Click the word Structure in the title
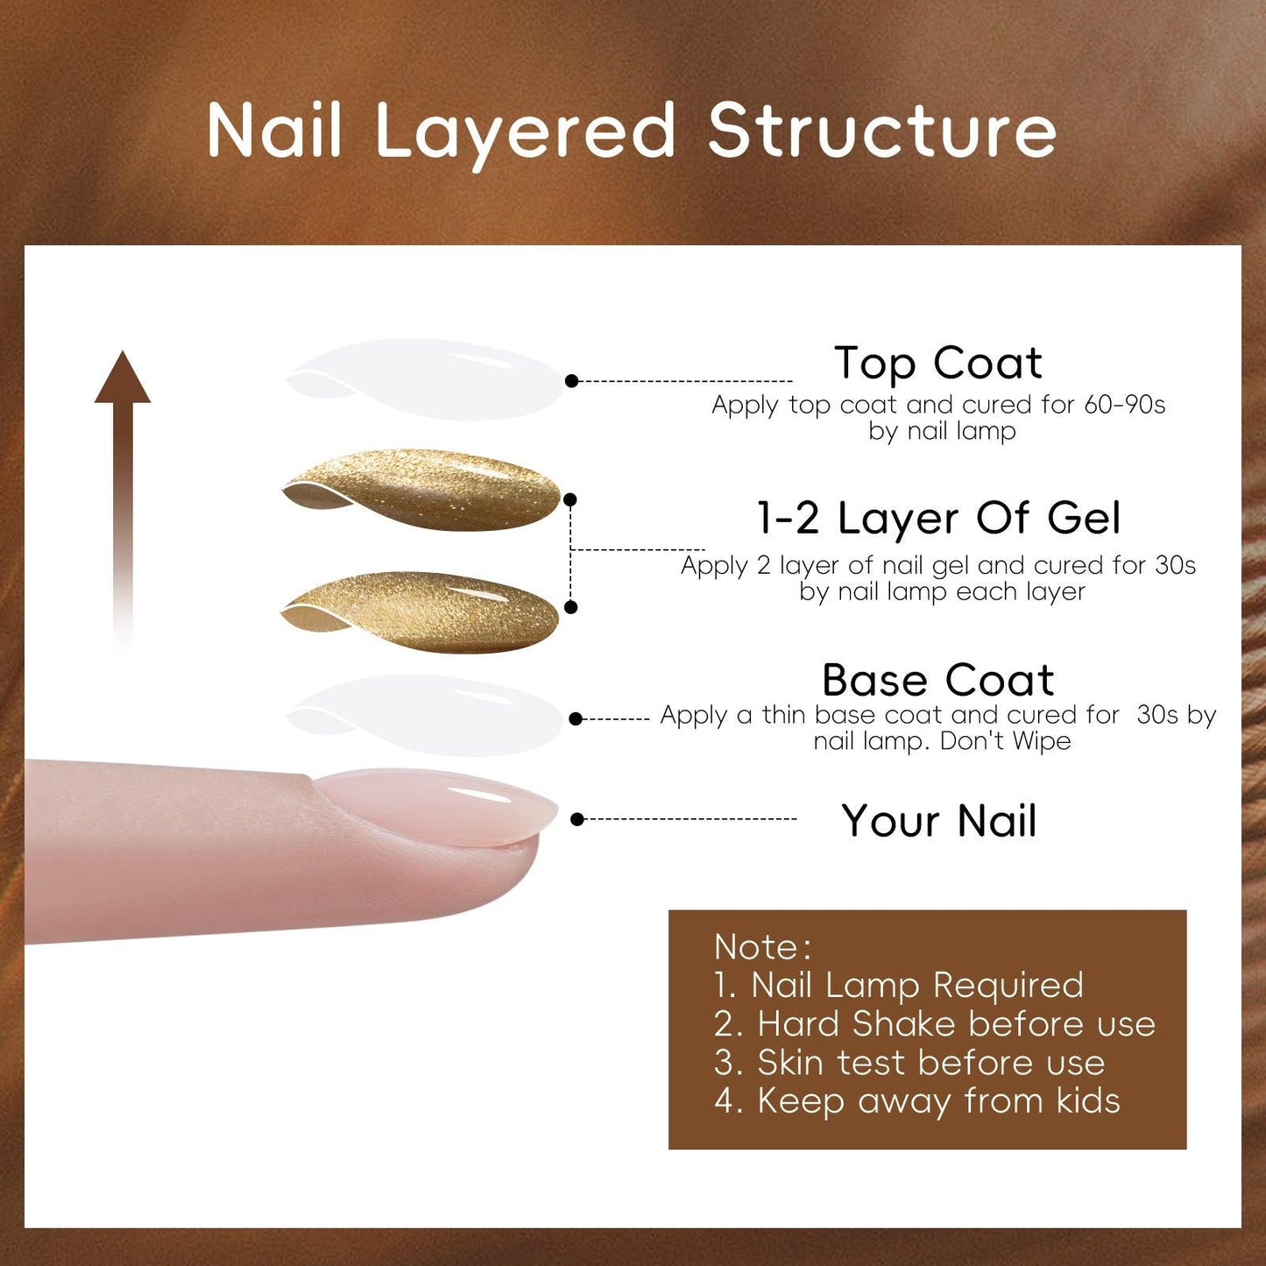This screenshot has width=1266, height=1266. click(881, 130)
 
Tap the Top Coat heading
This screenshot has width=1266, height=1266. click(938, 364)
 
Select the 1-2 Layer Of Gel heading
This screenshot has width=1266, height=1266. click(939, 518)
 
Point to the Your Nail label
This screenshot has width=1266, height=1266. click(939, 821)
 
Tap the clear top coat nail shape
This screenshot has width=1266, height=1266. click(424, 379)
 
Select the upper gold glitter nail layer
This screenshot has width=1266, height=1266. click(421, 490)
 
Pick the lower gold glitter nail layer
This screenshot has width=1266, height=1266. click(420, 612)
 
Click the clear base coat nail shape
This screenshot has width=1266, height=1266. click(424, 715)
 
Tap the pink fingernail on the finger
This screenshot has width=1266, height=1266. click(437, 806)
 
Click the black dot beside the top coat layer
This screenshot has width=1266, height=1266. click(571, 380)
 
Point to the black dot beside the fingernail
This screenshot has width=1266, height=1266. click(576, 819)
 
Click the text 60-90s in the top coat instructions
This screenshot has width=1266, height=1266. click(1124, 405)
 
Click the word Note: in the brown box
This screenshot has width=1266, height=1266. click(763, 947)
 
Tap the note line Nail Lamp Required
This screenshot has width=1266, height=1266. click(899, 986)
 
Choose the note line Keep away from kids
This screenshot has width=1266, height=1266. click(917, 1101)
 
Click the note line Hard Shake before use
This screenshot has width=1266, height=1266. click(935, 1023)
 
